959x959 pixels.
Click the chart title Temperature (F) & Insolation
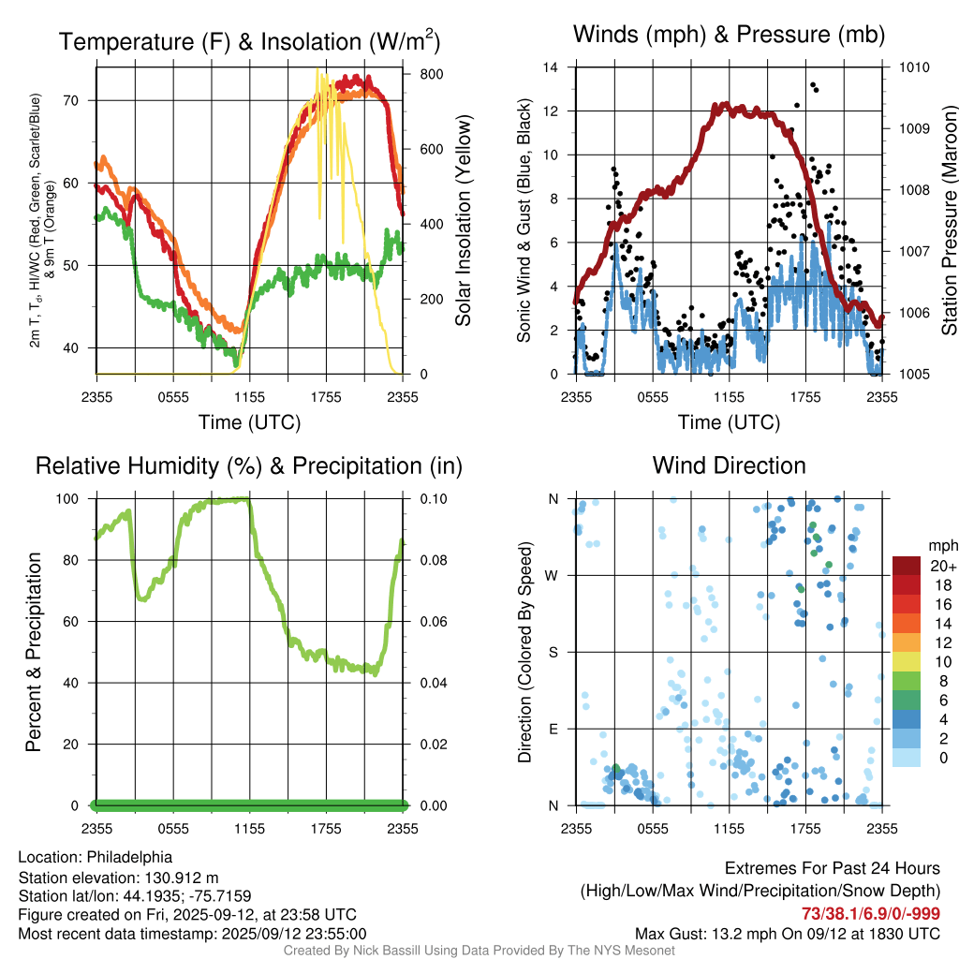pyautogui.click(x=249, y=41)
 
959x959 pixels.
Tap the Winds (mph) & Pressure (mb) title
pyautogui.click(x=729, y=35)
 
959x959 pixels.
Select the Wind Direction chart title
pyautogui.click(x=729, y=465)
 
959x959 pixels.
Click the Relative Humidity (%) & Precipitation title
pyautogui.click(x=248, y=465)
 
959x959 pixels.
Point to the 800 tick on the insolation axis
pyautogui.click(x=418, y=73)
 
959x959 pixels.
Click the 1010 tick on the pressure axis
pyautogui.click(x=915, y=67)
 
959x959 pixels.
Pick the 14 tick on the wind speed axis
pyautogui.click(x=551, y=67)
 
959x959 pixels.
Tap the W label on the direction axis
pyautogui.click(x=553, y=575)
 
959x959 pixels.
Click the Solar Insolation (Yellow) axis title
pyautogui.click(x=463, y=221)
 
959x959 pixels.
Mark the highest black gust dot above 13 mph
pyautogui.click(x=813, y=85)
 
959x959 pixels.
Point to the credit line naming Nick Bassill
pyautogui.click(x=479, y=951)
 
